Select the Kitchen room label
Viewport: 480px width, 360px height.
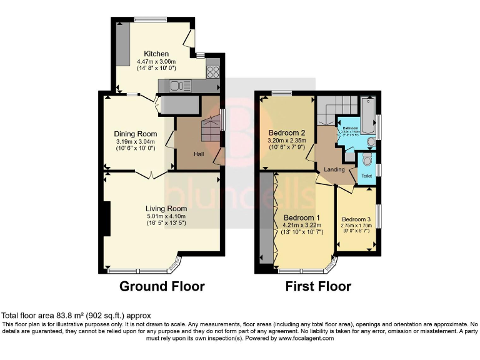click(156, 54)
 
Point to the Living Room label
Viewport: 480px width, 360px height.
click(166, 209)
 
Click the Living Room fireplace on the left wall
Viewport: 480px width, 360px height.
click(107, 219)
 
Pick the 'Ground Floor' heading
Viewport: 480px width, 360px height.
click(162, 287)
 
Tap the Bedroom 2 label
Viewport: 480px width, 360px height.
click(286, 133)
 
